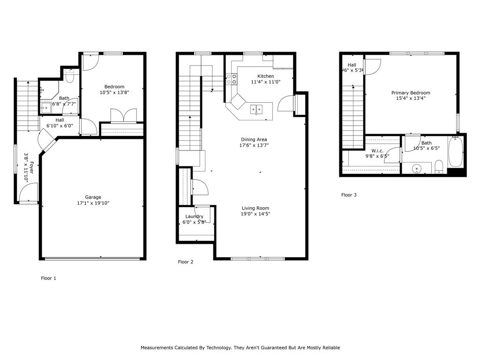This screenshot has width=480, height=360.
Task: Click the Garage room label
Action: [93, 197]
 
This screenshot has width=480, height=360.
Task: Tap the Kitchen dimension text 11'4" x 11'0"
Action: [265, 82]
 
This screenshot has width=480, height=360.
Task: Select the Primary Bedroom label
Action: [411, 93]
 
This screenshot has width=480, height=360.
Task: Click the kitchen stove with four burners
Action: [231, 79]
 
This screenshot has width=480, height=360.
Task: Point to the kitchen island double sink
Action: [256, 109]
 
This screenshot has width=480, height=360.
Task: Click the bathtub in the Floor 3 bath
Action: [456, 151]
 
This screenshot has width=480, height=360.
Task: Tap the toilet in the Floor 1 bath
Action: [70, 76]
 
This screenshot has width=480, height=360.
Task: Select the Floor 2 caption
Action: [186, 262]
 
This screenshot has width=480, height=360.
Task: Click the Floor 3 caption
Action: [349, 195]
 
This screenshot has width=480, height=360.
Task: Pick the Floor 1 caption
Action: [49, 278]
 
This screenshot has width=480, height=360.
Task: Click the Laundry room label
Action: [194, 217]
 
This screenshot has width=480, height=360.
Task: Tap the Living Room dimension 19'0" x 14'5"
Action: [255, 214]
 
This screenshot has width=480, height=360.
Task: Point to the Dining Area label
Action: [254, 140]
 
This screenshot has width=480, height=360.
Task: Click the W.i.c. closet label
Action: [378, 150]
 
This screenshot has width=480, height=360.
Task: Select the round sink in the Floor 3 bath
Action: [416, 168]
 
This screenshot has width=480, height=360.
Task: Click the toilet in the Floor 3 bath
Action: [439, 166]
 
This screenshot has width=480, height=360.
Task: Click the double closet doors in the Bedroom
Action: [123, 115]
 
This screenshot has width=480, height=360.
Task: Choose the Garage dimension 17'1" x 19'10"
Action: [93, 203]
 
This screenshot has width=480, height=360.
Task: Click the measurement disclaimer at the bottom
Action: [240, 348]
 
